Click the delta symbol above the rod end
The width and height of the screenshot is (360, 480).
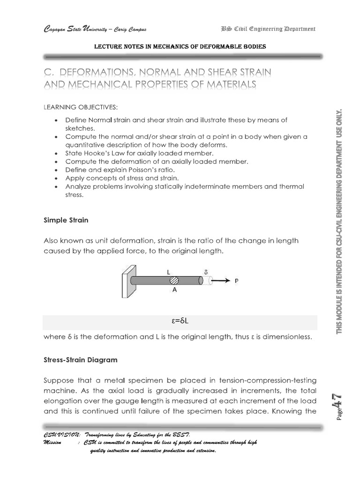click(x=205, y=271)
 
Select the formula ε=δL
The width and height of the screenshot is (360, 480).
click(x=180, y=322)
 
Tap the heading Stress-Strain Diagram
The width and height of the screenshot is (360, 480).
click(x=80, y=360)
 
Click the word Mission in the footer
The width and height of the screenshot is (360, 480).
click(x=52, y=442)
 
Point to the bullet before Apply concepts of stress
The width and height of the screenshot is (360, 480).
click(x=56, y=178)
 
